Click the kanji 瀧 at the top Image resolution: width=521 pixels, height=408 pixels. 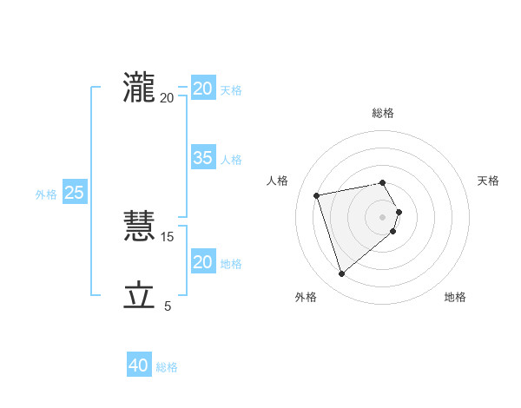pos(139,88)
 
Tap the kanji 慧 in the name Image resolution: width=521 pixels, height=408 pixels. pos(139,227)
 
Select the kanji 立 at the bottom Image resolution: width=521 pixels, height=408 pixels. pos(139,296)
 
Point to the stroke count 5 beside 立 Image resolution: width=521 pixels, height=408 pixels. pos(168,306)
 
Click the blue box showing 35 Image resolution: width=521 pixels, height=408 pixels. pos(203,158)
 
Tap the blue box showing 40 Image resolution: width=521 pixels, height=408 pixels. pos(139,365)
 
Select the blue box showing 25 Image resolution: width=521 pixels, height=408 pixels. pos(74,193)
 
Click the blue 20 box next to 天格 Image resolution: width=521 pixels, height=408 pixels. pos(203,89)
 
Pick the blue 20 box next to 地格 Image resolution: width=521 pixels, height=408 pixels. pos(203,262)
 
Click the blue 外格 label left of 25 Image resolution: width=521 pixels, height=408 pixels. pos(46,194)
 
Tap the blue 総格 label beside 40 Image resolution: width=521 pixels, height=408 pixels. pos(167,367)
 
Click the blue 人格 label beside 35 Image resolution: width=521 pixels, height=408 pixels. pos(231,160)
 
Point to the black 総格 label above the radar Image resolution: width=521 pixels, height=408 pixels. pos(383,113)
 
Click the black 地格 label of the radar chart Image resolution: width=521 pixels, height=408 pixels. pos(455,298)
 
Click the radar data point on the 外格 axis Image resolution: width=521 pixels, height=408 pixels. pos(342,274)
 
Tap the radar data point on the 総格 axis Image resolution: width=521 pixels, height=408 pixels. pos(383,182)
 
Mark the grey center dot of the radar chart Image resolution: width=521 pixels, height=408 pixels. pos(383,217)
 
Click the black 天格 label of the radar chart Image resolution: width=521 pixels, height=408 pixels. pos(488,181)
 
